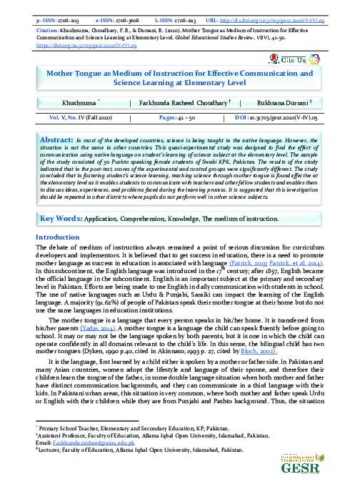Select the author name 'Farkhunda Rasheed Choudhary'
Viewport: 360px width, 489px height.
coord(180,104)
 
